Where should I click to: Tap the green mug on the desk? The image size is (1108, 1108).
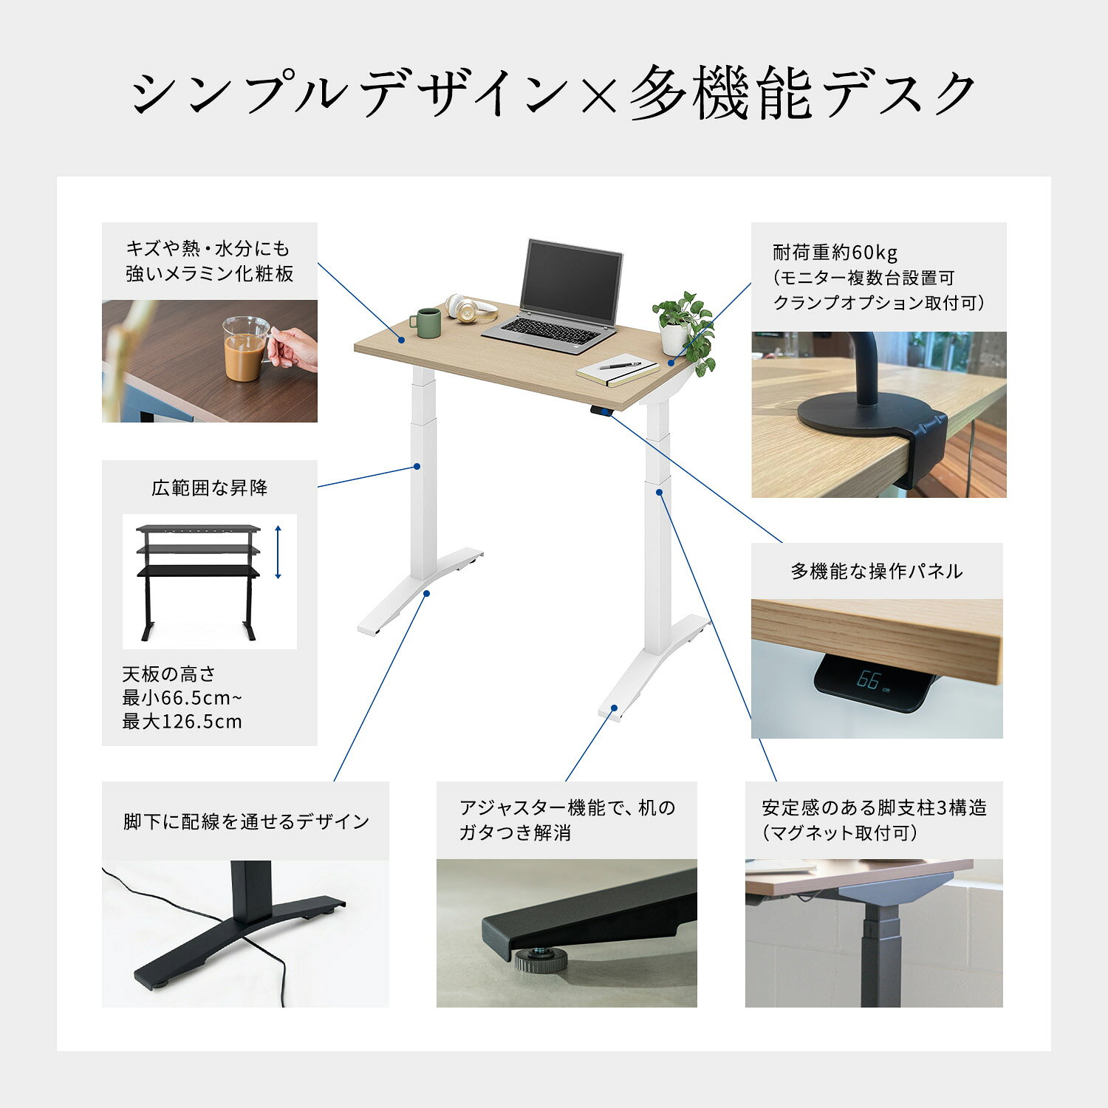pyautogui.click(x=426, y=323)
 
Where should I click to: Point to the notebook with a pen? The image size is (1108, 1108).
pyautogui.click(x=617, y=372)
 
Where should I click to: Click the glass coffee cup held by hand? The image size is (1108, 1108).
pyautogui.click(x=247, y=349)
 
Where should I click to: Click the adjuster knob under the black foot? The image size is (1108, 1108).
pyautogui.click(x=540, y=960)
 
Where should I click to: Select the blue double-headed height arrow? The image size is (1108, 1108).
pyautogui.click(x=278, y=552)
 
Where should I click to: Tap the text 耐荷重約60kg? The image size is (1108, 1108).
pyautogui.click(x=835, y=253)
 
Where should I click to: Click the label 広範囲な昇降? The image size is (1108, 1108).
pyautogui.click(x=210, y=488)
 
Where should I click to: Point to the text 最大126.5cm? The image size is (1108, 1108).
pyautogui.click(x=182, y=722)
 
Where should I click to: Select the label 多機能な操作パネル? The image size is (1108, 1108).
pyautogui.click(x=877, y=571)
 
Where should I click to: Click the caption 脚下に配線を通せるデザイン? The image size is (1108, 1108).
pyautogui.click(x=246, y=821)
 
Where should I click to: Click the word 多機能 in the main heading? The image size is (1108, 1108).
pyautogui.click(x=720, y=95)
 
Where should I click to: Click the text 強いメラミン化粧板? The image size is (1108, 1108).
pyautogui.click(x=210, y=274)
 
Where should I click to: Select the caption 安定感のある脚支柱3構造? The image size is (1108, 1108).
pyautogui.click(x=875, y=808)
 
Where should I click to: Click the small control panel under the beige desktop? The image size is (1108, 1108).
pyautogui.click(x=601, y=411)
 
